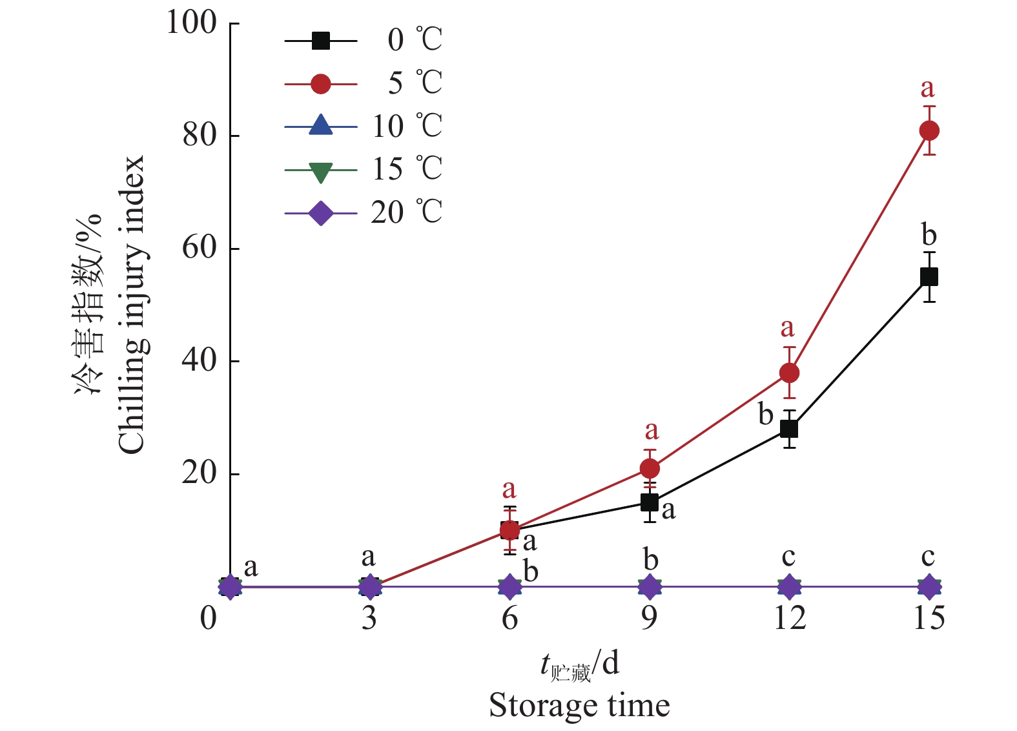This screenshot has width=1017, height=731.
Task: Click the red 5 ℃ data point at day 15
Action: tap(929, 130)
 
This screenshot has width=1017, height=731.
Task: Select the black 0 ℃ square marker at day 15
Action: tap(929, 277)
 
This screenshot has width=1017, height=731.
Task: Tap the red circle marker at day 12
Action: tap(789, 373)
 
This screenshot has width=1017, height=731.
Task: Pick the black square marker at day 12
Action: tap(789, 429)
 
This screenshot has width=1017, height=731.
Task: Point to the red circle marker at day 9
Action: tap(650, 468)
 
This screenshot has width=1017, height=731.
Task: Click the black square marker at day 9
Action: tap(650, 502)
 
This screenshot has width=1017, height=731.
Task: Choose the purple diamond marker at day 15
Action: tap(929, 587)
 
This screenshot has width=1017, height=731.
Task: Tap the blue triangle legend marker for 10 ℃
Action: tap(321, 125)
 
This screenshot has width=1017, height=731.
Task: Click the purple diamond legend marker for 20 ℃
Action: tap(321, 213)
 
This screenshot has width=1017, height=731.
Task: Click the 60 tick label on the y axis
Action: tap(199, 248)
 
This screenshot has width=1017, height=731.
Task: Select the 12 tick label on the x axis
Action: tap(789, 619)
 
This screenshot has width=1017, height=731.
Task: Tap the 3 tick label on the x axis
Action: tap(369, 619)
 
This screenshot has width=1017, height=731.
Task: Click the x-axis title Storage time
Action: tap(579, 705)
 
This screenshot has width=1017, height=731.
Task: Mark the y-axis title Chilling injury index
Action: tap(131, 305)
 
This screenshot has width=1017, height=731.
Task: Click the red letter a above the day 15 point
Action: tap(928, 88)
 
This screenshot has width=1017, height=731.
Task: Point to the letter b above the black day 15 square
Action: tap(929, 234)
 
